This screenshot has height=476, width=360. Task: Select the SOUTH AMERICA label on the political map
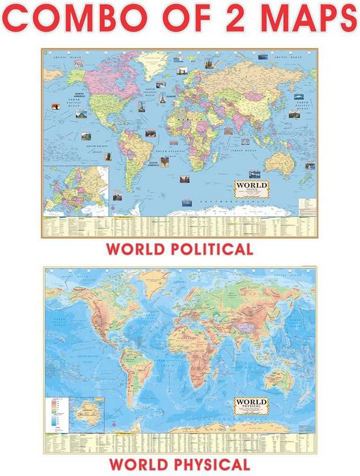(x=153, y=164)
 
